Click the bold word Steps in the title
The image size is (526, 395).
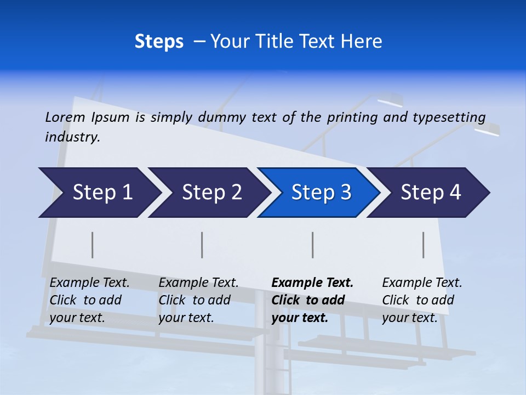pyautogui.click(x=159, y=42)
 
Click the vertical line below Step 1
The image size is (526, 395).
pyautogui.click(x=93, y=245)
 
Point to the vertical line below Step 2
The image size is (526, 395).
pyautogui.click(x=202, y=245)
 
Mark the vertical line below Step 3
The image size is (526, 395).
pyautogui.click(x=313, y=245)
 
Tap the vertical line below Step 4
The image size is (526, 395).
pyautogui.click(x=424, y=245)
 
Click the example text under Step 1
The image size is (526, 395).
pyautogui.click(x=89, y=300)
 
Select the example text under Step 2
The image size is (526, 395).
pyautogui.click(x=198, y=300)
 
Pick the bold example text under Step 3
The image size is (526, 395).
pyautogui.click(x=312, y=300)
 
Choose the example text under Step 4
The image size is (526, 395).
pyautogui.click(x=422, y=300)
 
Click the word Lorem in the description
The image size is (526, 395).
pyautogui.click(x=65, y=117)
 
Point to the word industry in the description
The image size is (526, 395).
pyautogui.click(x=72, y=137)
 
